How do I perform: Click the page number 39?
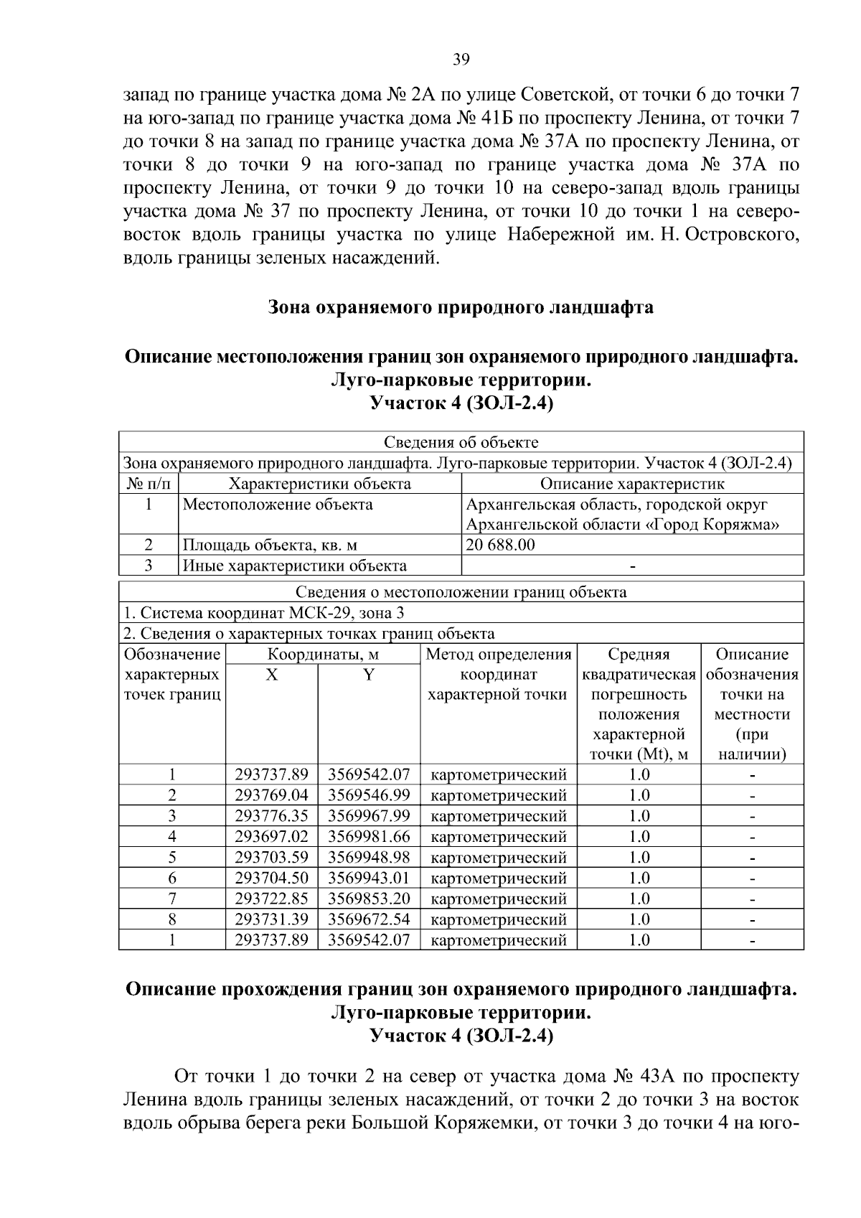(461, 60)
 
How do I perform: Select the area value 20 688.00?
(500, 545)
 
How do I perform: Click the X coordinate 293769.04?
(271, 795)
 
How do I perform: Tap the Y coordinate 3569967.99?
(369, 816)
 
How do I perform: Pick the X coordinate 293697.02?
(271, 837)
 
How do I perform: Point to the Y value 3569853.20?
(369, 899)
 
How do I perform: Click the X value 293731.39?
(271, 919)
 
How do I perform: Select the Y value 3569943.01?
(369, 878)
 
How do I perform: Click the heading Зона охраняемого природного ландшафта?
(461, 308)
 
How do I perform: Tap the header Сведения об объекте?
(461, 442)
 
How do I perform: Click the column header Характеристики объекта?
(319, 484)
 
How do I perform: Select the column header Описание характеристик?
(631, 484)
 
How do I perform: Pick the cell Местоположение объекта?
(278, 505)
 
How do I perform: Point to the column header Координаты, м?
(323, 655)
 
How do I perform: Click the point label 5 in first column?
(172, 858)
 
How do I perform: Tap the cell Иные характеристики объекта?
(294, 566)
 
